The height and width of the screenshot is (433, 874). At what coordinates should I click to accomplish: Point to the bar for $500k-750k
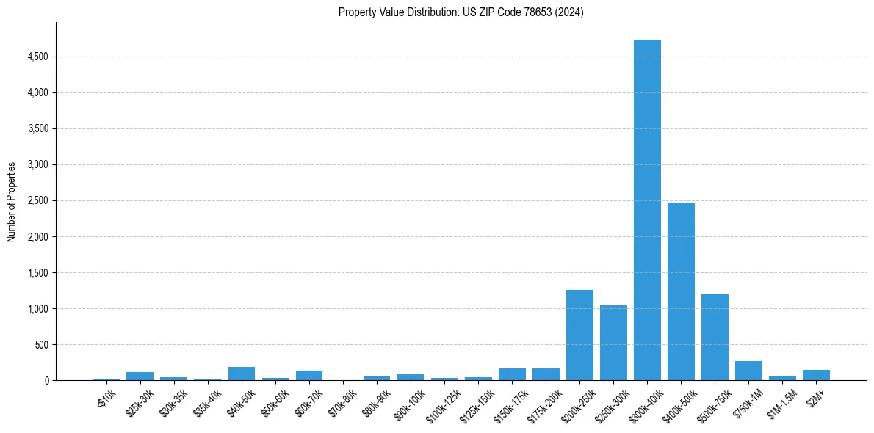pos(715,337)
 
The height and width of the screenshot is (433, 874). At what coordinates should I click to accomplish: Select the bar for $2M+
pos(816,375)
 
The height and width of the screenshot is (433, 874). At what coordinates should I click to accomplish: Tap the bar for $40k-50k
pos(242,374)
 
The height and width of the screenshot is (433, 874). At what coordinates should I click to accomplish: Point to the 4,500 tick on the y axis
pos(38,57)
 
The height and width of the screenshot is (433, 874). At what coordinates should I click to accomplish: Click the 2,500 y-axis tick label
pos(38,200)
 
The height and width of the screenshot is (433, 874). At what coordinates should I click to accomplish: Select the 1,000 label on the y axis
pos(38,309)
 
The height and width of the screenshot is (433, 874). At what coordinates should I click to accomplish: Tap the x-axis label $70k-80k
pos(343,402)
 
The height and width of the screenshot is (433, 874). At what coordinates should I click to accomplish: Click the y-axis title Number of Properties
pos(12,201)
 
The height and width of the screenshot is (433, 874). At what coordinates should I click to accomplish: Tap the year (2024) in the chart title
pos(569,12)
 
